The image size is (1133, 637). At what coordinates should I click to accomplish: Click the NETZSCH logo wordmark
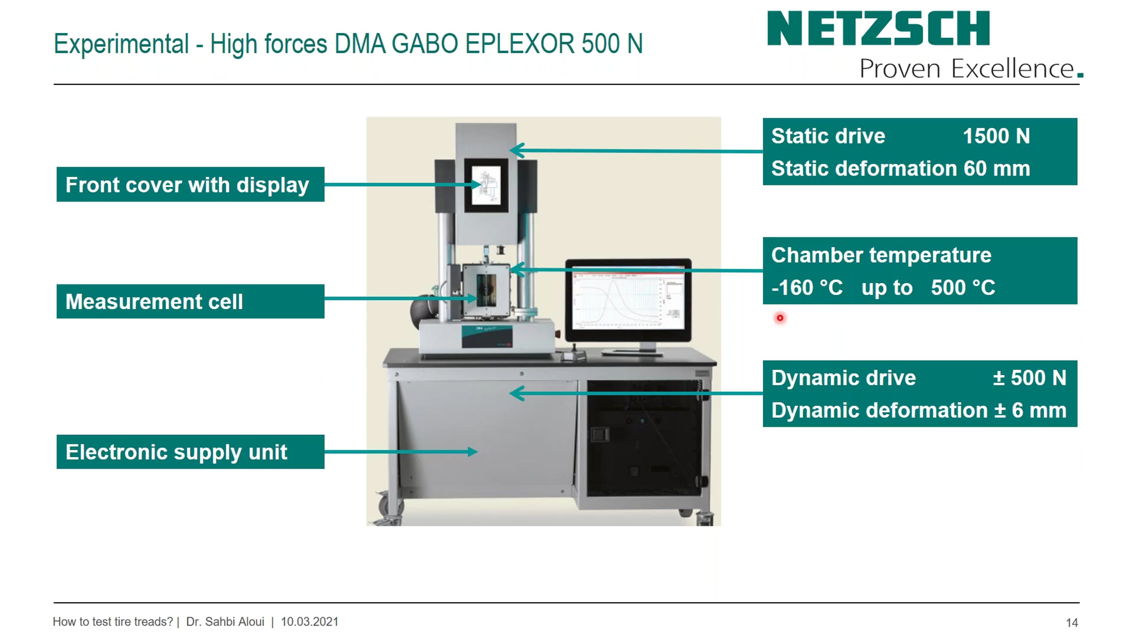pyautogui.click(x=878, y=28)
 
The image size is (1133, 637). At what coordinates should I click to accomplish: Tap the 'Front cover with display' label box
pyautogui.click(x=190, y=184)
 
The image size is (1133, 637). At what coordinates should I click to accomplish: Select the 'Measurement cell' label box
pyautogui.click(x=190, y=302)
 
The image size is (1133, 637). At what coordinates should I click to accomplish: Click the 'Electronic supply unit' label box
pyautogui.click(x=190, y=452)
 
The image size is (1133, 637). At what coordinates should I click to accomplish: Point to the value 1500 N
pyautogui.click(x=996, y=136)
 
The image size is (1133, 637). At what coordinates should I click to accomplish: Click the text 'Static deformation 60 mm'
pyautogui.click(x=901, y=168)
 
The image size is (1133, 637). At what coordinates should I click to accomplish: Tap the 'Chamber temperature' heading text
pyautogui.click(x=881, y=255)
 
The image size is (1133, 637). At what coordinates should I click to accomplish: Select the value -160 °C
pyautogui.click(x=807, y=287)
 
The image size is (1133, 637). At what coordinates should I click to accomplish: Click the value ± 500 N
pyautogui.click(x=1029, y=377)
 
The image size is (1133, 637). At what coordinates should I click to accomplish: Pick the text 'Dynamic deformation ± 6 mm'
pyautogui.click(x=919, y=410)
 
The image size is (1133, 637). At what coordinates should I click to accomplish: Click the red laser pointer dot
pyautogui.click(x=780, y=318)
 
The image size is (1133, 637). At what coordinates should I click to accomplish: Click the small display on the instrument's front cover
pyautogui.click(x=486, y=185)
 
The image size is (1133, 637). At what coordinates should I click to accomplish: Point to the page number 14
pyautogui.click(x=1072, y=622)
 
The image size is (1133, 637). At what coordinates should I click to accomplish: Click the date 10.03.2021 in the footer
pyautogui.click(x=310, y=621)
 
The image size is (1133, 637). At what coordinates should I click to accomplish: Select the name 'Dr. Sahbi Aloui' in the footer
pyautogui.click(x=225, y=621)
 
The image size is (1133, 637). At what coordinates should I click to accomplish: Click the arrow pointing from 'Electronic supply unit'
pyautogui.click(x=401, y=452)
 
